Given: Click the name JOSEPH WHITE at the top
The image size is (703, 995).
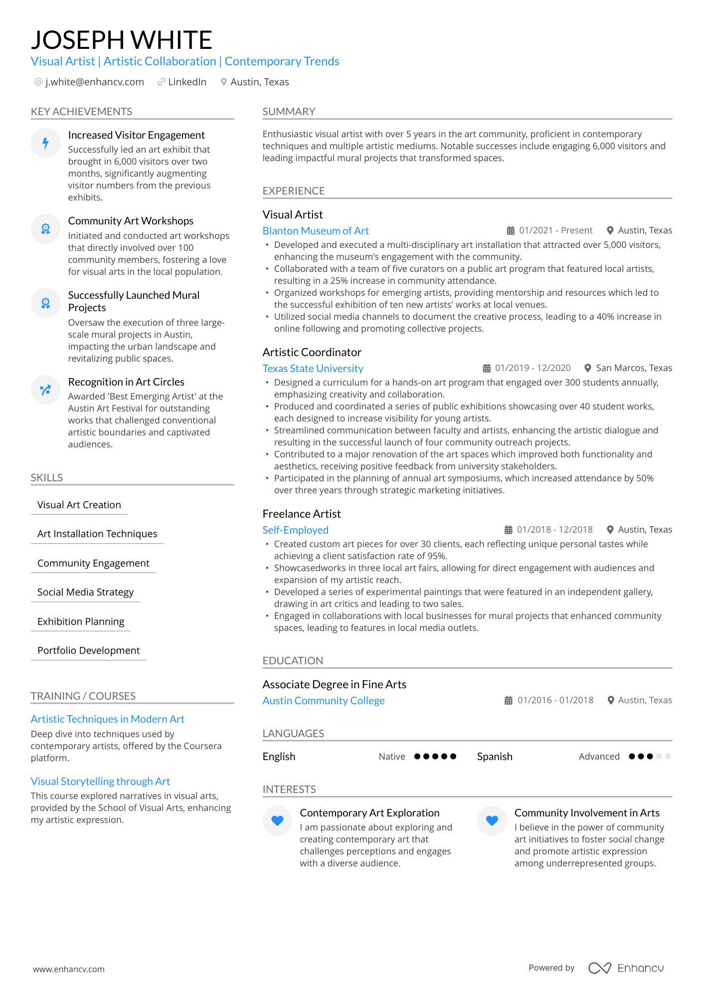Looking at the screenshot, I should point(122,40).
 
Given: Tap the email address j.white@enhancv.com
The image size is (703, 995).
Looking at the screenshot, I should point(94,82).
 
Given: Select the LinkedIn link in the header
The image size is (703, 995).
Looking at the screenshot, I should point(187,82).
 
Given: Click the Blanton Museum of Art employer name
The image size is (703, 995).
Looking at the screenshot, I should point(316,231).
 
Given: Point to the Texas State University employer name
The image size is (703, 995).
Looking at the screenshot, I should point(313,369).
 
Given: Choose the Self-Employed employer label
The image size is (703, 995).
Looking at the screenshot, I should point(295,530).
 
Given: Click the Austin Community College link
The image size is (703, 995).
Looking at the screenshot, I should point(324,701).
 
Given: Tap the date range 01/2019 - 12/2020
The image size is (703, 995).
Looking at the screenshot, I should point(532,368).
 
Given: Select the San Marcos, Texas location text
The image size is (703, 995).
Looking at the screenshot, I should point(634,368).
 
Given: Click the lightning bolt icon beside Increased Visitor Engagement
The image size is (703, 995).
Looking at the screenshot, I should point(45,143).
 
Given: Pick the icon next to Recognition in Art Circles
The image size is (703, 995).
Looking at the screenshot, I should point(45,390).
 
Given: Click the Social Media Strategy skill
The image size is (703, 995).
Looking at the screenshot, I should point(85,592).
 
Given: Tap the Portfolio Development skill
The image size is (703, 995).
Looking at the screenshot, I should point(88,650).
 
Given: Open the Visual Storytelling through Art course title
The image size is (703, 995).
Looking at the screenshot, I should point(100,782).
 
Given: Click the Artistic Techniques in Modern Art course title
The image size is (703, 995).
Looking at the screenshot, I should point(108,719).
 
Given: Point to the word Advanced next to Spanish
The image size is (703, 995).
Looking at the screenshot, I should point(599,757).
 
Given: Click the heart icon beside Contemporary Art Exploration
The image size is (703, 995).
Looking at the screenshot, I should point(278,820).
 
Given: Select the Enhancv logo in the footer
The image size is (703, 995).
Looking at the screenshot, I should point(626,968).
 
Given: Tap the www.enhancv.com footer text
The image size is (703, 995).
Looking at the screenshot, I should point(69,969).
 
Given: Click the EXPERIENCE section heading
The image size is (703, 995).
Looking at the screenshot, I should point(294,191).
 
